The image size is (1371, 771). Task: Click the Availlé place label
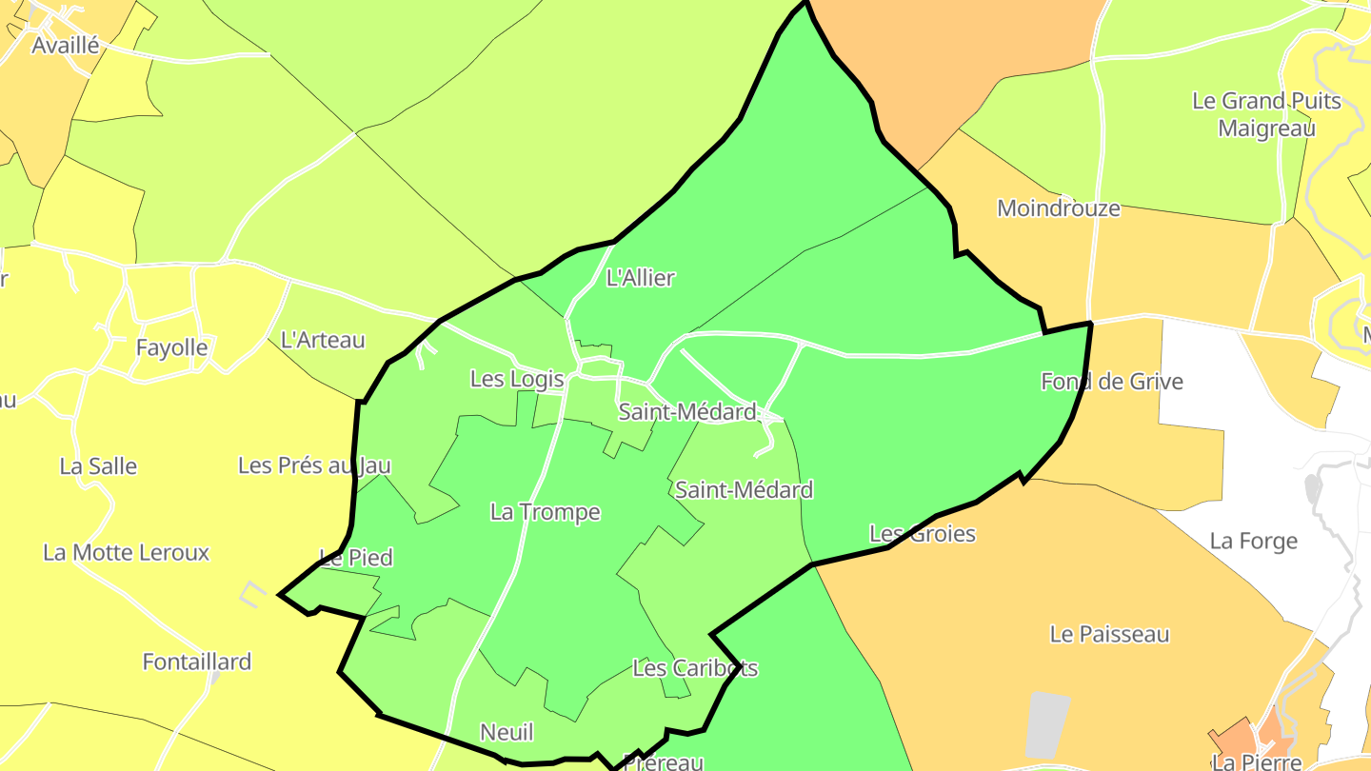pos(65,45)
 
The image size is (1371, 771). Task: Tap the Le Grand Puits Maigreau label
pos(1266,114)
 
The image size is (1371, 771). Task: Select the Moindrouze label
pos(1058,208)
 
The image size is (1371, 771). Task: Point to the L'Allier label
pos(640,278)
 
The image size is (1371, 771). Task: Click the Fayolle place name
pos(171,347)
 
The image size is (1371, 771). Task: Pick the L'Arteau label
pos(323,339)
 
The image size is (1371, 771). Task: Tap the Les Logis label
pos(517,379)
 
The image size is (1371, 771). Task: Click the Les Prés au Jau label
pos(314,465)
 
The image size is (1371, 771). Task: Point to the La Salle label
pos(98,466)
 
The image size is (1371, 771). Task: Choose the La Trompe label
pos(545,512)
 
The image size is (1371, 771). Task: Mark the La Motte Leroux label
pos(126,553)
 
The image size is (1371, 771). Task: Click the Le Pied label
pos(356,558)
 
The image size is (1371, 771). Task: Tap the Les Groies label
pos(922,533)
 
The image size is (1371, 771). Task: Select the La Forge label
pos(1253,541)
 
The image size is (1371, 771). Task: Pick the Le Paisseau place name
pos(1109,634)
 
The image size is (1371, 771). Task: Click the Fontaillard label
pos(196,662)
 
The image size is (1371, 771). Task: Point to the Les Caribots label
pos(695,668)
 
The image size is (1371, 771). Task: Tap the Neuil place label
pos(507,732)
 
